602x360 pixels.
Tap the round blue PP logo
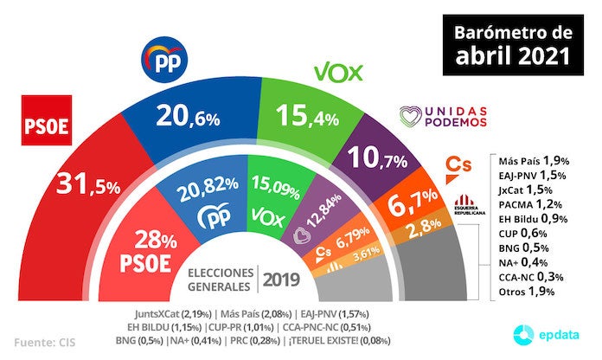pos(165,61)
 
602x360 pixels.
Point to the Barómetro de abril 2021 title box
pos(514,44)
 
